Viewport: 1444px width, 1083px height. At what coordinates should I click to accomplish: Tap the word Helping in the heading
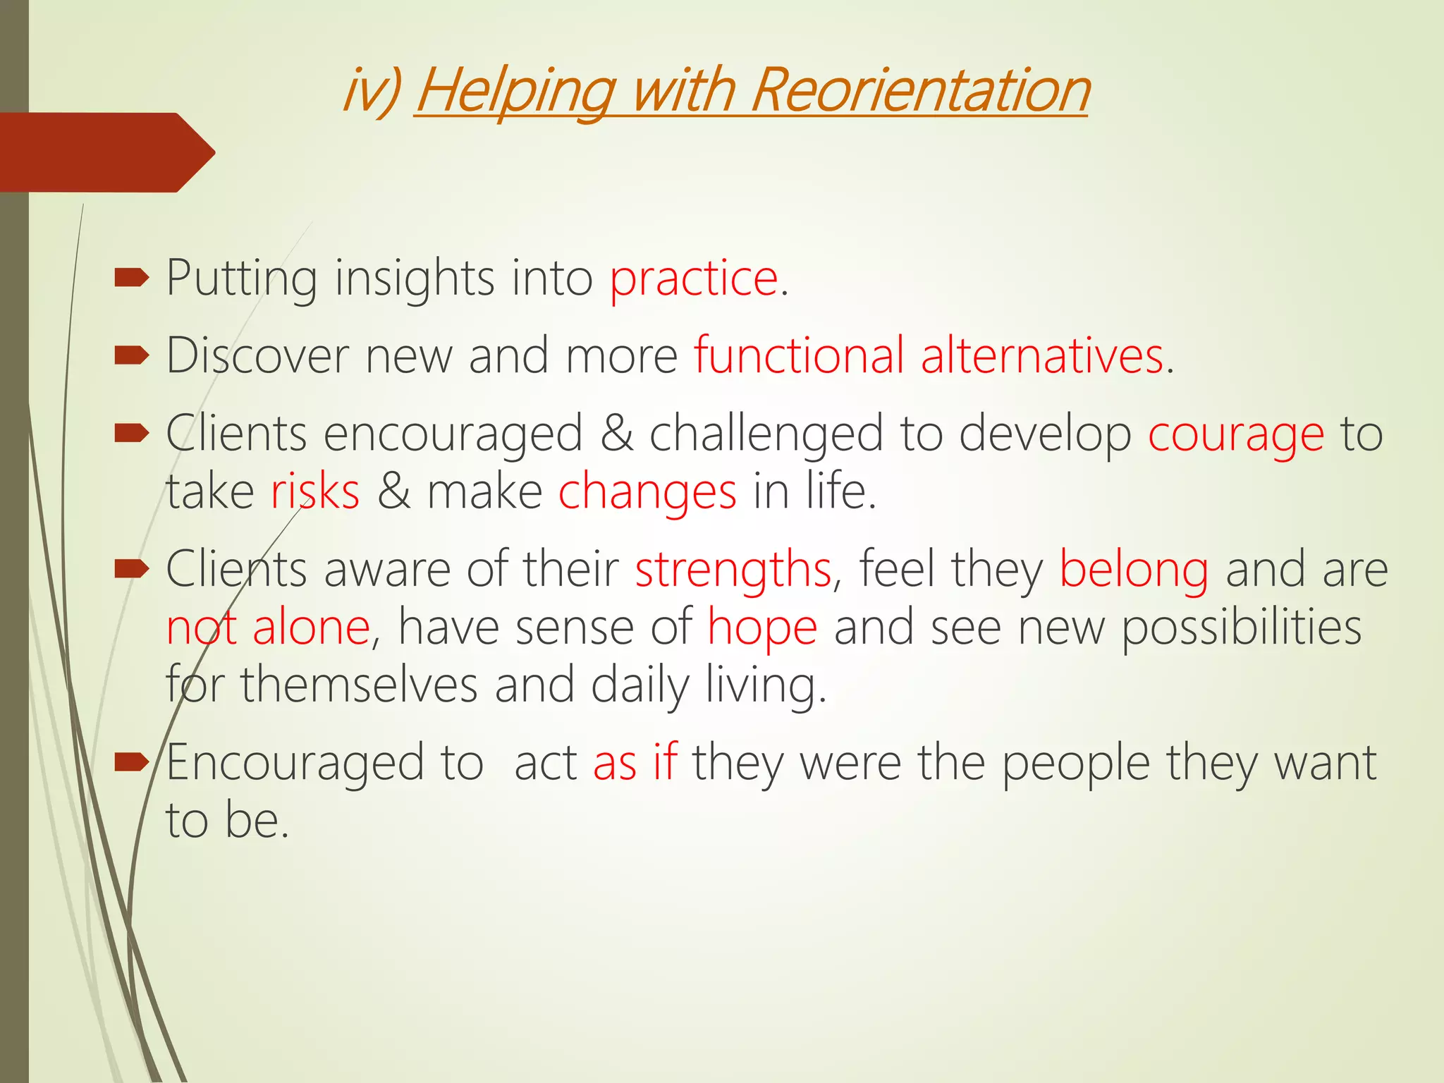click(x=515, y=92)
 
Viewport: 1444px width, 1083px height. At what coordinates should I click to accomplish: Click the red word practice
click(x=694, y=278)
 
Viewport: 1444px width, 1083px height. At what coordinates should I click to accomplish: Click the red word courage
click(x=1236, y=434)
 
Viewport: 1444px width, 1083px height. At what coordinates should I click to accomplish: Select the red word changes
click(x=647, y=492)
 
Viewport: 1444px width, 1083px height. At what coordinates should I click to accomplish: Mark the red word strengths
click(x=733, y=569)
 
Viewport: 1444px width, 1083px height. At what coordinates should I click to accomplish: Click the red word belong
click(x=1134, y=569)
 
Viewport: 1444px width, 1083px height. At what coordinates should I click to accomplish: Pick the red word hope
click(x=762, y=627)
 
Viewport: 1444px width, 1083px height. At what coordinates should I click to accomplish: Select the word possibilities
click(x=1241, y=627)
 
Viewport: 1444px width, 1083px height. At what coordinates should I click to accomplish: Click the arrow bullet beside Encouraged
click(x=131, y=761)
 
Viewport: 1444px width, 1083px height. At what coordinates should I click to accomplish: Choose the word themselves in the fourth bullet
click(x=359, y=685)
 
